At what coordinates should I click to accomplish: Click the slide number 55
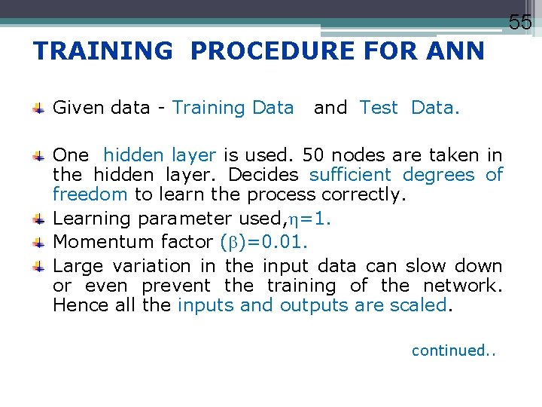[520, 23]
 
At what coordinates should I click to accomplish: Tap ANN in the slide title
[455, 51]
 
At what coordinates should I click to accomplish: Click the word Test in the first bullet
[378, 108]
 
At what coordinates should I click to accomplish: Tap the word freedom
[90, 194]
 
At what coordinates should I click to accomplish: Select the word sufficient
[354, 175]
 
